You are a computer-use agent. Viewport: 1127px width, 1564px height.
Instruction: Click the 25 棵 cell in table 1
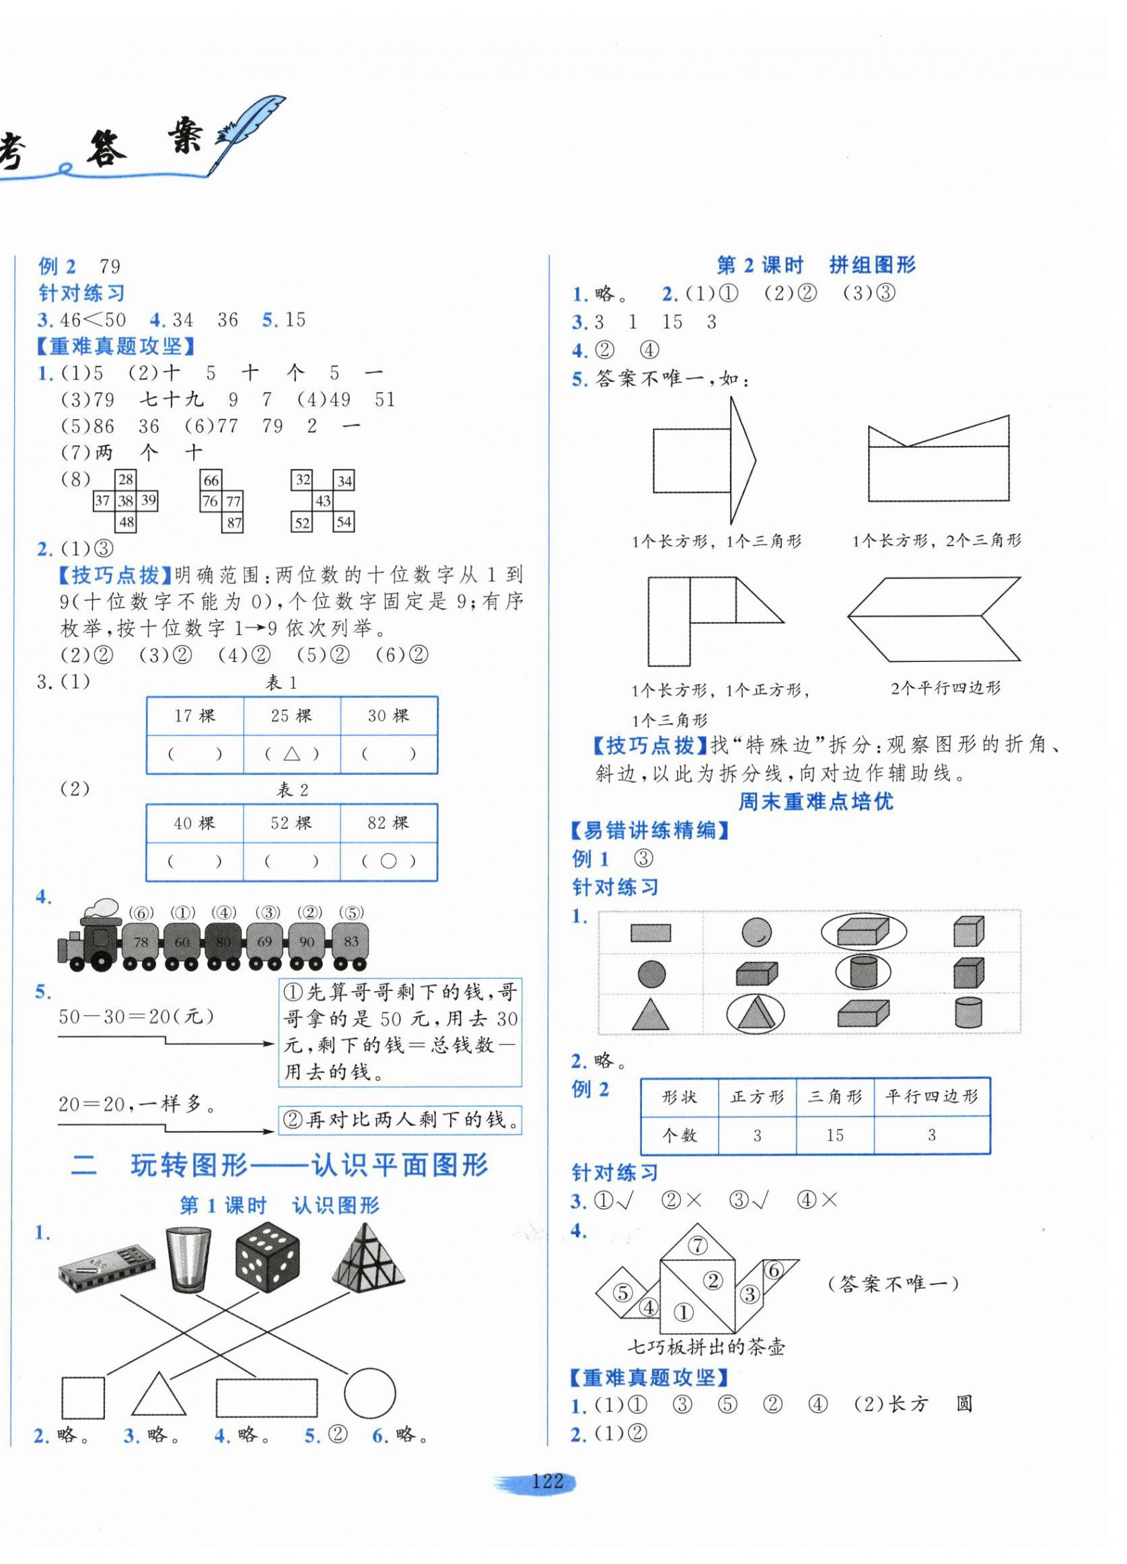(x=291, y=716)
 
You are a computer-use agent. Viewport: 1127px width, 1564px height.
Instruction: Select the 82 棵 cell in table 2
(x=388, y=823)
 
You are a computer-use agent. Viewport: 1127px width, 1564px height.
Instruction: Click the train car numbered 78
(x=141, y=942)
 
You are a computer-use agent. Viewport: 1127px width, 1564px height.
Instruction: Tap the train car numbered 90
(x=307, y=942)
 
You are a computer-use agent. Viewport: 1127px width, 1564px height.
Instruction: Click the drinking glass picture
(x=188, y=1259)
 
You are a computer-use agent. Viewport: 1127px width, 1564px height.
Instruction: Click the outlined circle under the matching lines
(x=369, y=1394)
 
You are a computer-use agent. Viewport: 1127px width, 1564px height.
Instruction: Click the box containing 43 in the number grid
(x=323, y=501)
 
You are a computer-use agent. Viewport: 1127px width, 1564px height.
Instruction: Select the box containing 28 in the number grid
(x=126, y=480)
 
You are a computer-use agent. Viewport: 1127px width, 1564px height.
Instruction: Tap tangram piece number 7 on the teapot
(x=698, y=1246)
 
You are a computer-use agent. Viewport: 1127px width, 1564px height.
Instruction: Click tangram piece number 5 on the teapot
(x=623, y=1292)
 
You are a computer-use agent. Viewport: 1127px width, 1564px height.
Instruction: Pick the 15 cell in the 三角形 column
(x=834, y=1135)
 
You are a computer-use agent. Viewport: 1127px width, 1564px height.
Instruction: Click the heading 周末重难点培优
(x=815, y=801)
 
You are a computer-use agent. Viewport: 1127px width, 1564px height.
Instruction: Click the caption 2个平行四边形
(x=945, y=687)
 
